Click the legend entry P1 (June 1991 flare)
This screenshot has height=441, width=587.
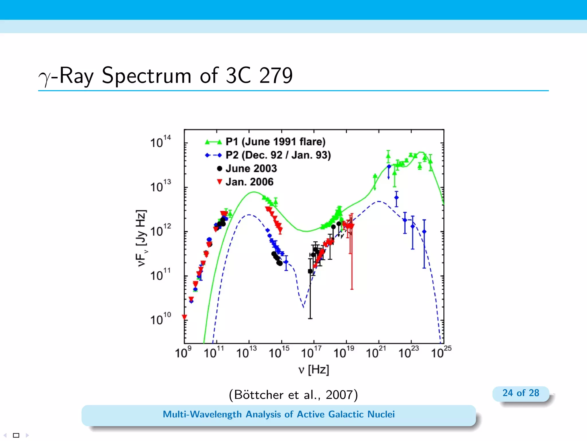tap(275, 142)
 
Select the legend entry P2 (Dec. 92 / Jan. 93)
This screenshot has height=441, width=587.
tap(278, 155)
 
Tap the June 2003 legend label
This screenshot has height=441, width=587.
tap(251, 169)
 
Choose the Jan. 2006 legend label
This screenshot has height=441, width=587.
tap(249, 182)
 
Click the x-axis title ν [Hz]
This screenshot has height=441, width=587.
tap(314, 370)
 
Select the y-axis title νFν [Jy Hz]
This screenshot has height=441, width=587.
tap(142, 238)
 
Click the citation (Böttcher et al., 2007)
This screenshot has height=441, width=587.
tap(293, 395)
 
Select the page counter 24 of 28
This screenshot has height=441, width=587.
tap(521, 393)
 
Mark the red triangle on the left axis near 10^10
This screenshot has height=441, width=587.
tap(185, 317)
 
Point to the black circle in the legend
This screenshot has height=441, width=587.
tap(220, 169)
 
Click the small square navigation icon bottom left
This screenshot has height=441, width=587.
tap(16, 435)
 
